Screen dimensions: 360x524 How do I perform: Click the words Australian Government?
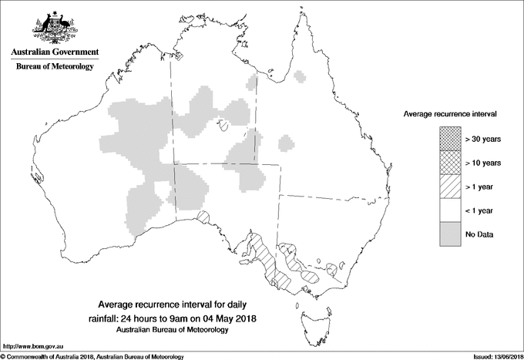[x=54, y=52]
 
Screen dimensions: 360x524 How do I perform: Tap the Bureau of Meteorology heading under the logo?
[x=54, y=67]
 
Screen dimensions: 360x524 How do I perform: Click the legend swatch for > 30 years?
[x=450, y=139]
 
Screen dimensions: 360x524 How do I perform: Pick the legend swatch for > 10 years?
[x=450, y=163]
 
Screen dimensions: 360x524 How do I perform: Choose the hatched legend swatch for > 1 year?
[x=450, y=187]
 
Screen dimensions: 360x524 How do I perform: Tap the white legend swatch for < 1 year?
[x=450, y=210]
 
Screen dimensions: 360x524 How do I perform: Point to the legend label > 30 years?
[x=483, y=139]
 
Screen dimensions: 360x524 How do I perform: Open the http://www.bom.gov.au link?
[x=32, y=347]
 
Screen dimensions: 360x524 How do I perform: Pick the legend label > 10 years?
[x=483, y=163]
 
